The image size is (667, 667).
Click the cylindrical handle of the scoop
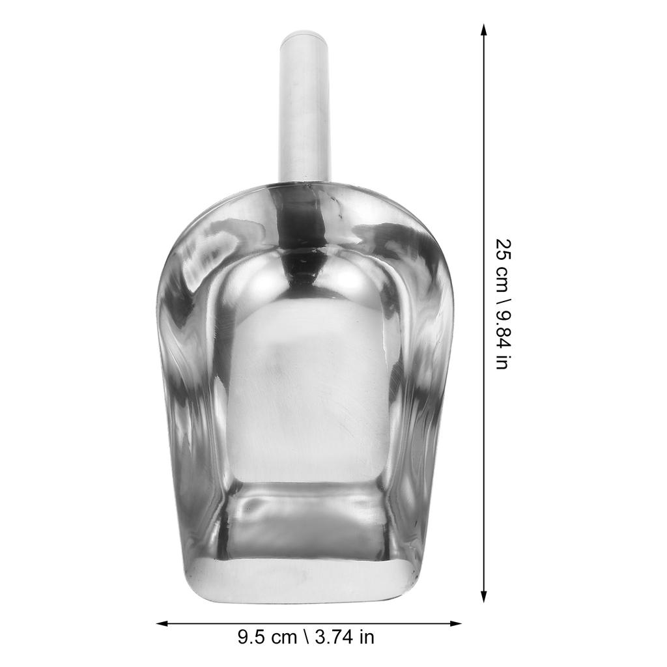[x=305, y=111]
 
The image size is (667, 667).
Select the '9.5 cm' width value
[x=266, y=636]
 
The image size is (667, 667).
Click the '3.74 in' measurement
[x=345, y=636]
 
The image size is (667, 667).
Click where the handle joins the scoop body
[x=305, y=182]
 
